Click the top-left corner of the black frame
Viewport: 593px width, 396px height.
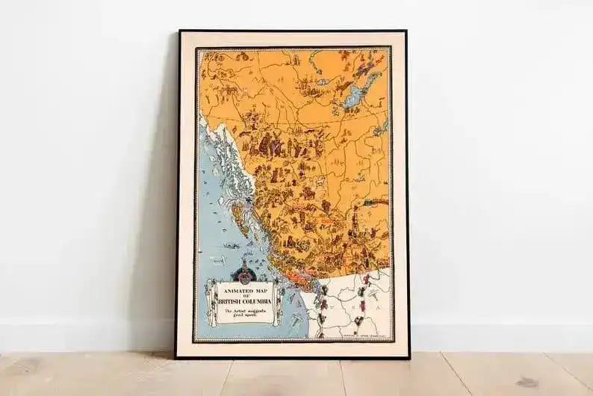coord(179,32)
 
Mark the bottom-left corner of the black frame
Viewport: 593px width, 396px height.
coord(177,356)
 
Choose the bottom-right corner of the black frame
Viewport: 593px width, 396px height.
coord(408,356)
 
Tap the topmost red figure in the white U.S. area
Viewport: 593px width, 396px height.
coord(365,279)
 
